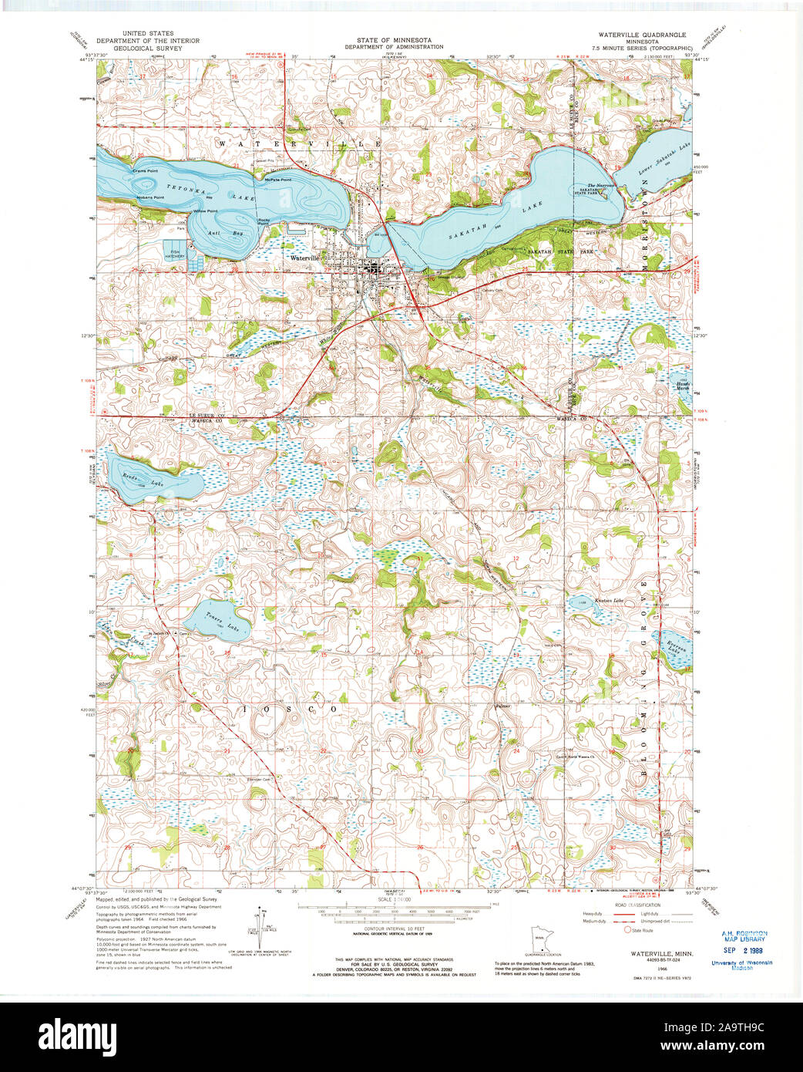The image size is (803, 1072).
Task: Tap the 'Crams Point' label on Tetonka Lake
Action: (145, 170)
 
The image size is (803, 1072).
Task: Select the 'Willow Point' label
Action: (205, 211)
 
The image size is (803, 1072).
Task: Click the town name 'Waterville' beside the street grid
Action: (305, 258)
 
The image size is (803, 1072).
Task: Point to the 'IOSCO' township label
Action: (290, 708)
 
